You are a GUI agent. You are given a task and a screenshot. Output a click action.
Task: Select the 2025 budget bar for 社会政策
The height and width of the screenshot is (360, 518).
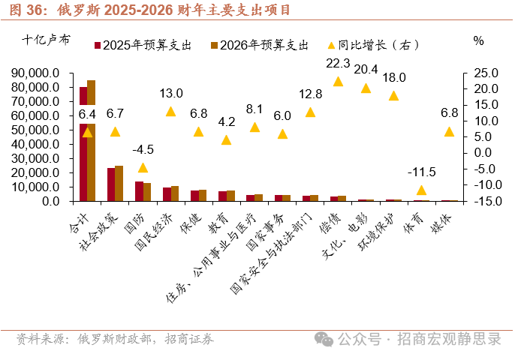tap(111, 184)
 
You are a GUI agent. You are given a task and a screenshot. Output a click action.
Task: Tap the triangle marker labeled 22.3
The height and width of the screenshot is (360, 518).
tap(338, 82)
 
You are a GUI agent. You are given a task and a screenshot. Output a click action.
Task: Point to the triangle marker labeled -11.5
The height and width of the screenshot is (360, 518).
tap(421, 190)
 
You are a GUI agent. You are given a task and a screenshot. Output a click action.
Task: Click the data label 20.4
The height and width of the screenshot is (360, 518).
tap(366, 69)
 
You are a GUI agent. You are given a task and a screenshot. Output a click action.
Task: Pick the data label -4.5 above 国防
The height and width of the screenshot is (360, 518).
tap(143, 148)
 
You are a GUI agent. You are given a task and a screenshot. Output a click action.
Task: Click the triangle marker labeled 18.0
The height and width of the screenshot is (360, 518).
tap(393, 95)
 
